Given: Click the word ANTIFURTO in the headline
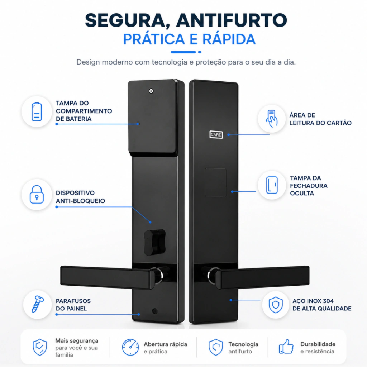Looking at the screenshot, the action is pos(232,20).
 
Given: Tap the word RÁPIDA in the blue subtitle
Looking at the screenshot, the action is pos(229,39).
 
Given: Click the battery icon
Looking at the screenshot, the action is pos(37,111).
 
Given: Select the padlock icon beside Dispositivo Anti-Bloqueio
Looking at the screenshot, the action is pos(37,194).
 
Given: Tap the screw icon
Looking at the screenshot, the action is pos(37,304).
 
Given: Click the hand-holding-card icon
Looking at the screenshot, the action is pos(272,119).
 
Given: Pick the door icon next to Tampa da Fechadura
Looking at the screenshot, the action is pos(272,185).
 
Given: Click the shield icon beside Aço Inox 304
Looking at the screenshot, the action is pos(276,305).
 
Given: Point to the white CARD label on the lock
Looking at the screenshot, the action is pos(216,135).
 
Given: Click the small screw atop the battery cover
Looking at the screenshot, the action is pos(151,91).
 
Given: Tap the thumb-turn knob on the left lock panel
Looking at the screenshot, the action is pos(154,242).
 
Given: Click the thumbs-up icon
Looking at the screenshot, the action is pos(286,347).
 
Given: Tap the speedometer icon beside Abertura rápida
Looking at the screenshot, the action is pos(130,347).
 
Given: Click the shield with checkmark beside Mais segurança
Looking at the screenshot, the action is pos(40,347).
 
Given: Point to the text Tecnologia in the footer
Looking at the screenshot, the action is pos(243,344).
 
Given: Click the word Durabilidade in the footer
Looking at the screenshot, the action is pos(318,344).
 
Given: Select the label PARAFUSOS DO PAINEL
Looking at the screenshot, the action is pos(73,305).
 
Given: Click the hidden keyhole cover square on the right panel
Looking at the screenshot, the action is pos(215,182).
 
